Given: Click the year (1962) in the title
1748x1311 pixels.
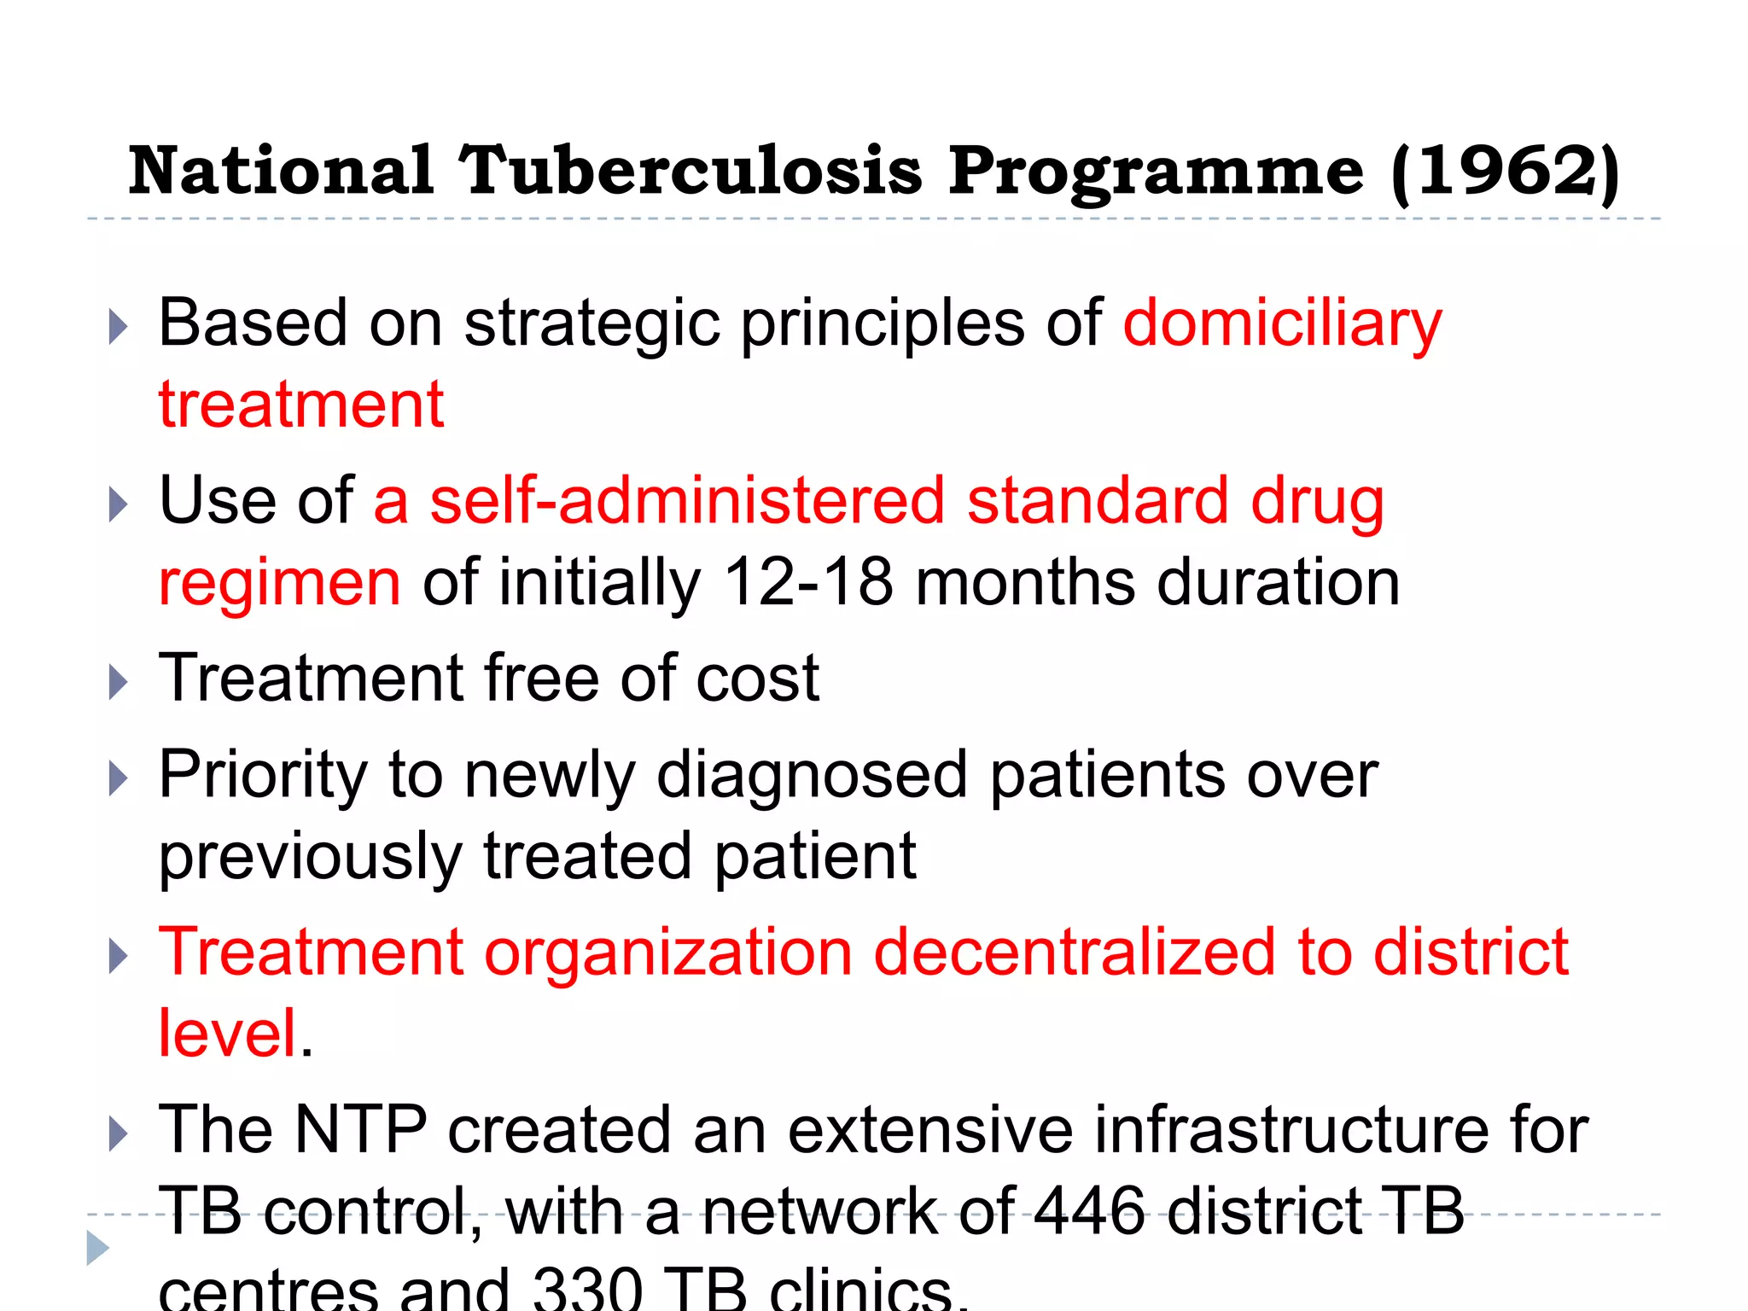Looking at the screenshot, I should click(1504, 172).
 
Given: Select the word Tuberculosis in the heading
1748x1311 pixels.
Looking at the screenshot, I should click(690, 170).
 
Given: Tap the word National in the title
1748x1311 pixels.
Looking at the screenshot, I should click(281, 170).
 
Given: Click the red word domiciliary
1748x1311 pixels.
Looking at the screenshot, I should click(1282, 325).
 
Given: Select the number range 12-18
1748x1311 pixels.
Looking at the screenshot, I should click(807, 583).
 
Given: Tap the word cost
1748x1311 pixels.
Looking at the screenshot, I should click(757, 679).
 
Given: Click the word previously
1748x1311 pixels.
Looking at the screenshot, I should click(311, 858).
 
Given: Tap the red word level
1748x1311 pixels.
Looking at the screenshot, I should click(228, 1034).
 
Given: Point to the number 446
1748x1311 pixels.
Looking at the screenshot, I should click(1089, 1212).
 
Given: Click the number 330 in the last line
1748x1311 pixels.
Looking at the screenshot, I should click(587, 1289).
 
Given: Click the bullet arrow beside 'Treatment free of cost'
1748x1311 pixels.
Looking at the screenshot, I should click(119, 683).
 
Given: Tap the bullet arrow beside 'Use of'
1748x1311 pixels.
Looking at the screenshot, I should click(119, 504).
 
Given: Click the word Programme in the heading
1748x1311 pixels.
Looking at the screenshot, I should click(1156, 172).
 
